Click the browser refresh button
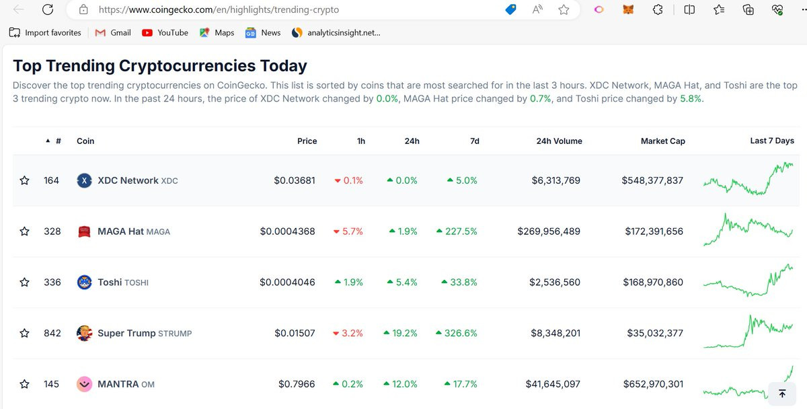48,9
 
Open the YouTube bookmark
165,33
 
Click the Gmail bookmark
113,33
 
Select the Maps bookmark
217,33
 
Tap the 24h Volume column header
559,141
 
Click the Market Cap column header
663,141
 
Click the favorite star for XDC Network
24,180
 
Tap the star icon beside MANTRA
24,384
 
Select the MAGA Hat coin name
120,231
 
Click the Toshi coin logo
84,282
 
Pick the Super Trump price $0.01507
295,333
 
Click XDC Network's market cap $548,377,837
652,180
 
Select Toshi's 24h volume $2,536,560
554,282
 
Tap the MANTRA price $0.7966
297,384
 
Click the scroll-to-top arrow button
782,394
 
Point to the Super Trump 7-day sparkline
748,332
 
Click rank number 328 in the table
52,231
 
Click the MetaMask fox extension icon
628,9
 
